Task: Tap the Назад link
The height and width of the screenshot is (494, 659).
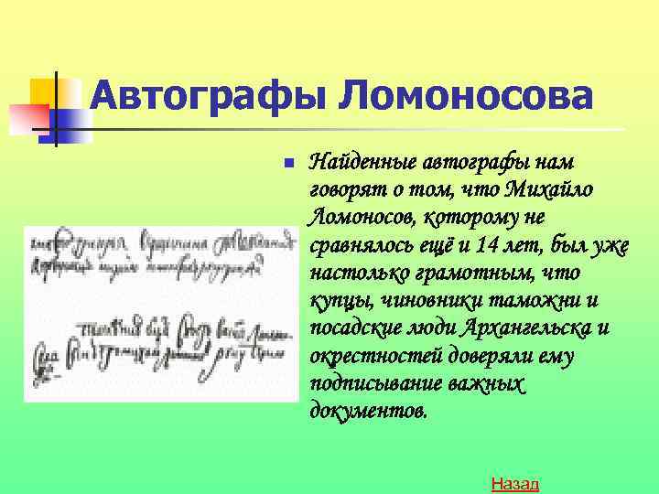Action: tap(514, 483)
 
